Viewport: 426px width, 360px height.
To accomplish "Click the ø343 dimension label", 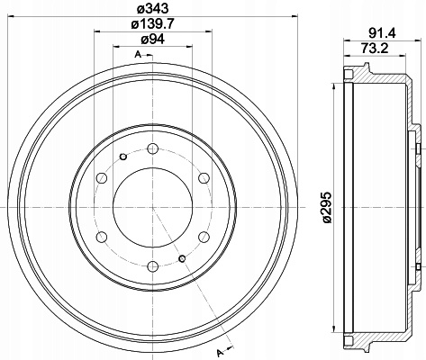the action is point(153,8).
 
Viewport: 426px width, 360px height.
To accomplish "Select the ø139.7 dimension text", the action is point(153,23).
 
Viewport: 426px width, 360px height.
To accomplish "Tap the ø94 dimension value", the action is point(153,39).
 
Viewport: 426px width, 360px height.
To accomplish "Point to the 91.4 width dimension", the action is point(382,33).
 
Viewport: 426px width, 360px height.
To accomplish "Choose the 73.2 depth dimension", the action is point(375,48).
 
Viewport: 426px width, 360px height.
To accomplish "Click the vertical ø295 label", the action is point(327,207).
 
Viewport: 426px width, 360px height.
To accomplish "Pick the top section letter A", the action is point(138,54).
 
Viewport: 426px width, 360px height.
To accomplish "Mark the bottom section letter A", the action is point(221,352).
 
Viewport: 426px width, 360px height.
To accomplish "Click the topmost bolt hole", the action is point(153,148).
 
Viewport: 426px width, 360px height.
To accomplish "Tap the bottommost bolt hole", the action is point(153,266).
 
